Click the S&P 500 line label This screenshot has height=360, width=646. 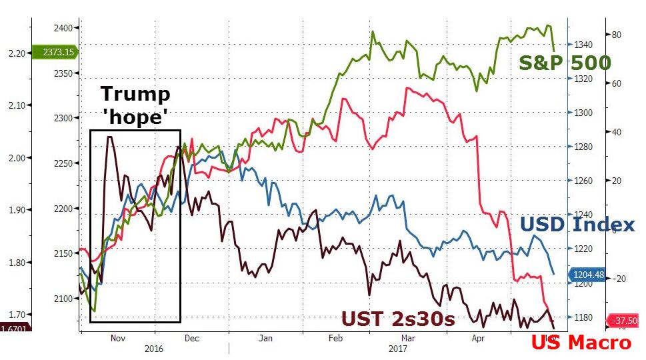coord(565,63)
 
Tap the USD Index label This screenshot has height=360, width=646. coord(577,225)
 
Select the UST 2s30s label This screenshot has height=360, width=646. coord(398,319)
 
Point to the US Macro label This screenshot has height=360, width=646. coord(581,343)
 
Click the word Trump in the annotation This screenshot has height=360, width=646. coord(135,95)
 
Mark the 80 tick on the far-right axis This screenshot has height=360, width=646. coord(617,35)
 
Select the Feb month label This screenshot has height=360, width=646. coord(335,338)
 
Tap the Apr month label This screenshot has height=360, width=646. coord(478,338)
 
